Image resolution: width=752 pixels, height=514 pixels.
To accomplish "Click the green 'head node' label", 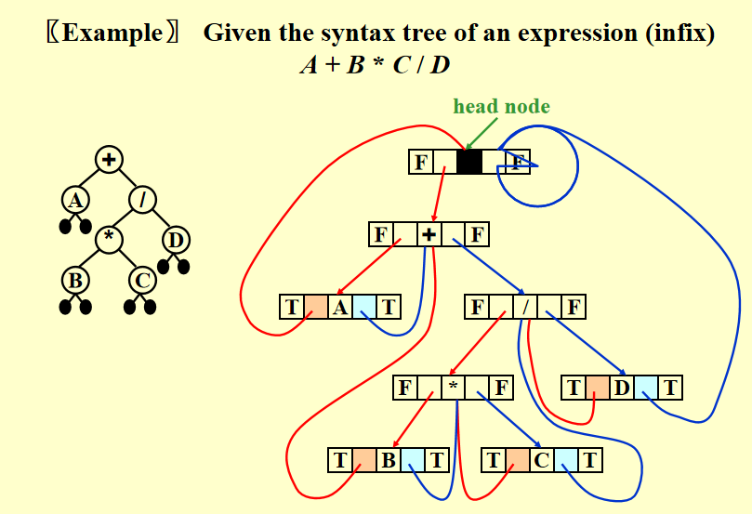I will click(501, 106).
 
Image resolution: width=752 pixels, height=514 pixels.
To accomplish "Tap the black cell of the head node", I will click(469, 162).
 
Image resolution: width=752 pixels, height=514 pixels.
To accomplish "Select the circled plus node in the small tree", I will click(109, 160).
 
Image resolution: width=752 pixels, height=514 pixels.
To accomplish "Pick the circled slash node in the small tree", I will click(142, 199).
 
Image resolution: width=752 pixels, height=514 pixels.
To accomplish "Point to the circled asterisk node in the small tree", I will click(109, 238).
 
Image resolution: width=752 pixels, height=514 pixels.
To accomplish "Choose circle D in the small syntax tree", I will click(175, 240).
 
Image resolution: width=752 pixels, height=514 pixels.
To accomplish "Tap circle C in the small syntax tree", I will click(142, 279).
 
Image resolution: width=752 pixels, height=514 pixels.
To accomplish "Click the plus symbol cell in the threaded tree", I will click(429, 233).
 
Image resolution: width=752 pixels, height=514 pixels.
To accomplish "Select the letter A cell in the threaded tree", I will click(340, 306).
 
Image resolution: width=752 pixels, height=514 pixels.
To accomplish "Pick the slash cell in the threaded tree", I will click(525, 306).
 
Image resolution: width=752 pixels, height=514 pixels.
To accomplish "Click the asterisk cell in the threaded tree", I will click(453, 387).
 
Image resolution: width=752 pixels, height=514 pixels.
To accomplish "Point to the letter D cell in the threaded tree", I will click(622, 387).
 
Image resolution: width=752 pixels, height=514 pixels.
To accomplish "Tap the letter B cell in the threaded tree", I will click(389, 459).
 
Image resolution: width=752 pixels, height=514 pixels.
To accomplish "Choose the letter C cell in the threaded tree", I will click(542, 459).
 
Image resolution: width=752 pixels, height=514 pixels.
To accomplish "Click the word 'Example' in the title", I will click(112, 34).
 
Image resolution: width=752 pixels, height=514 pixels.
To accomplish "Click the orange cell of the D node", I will click(598, 387).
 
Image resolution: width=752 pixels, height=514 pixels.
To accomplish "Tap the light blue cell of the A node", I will click(364, 306).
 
